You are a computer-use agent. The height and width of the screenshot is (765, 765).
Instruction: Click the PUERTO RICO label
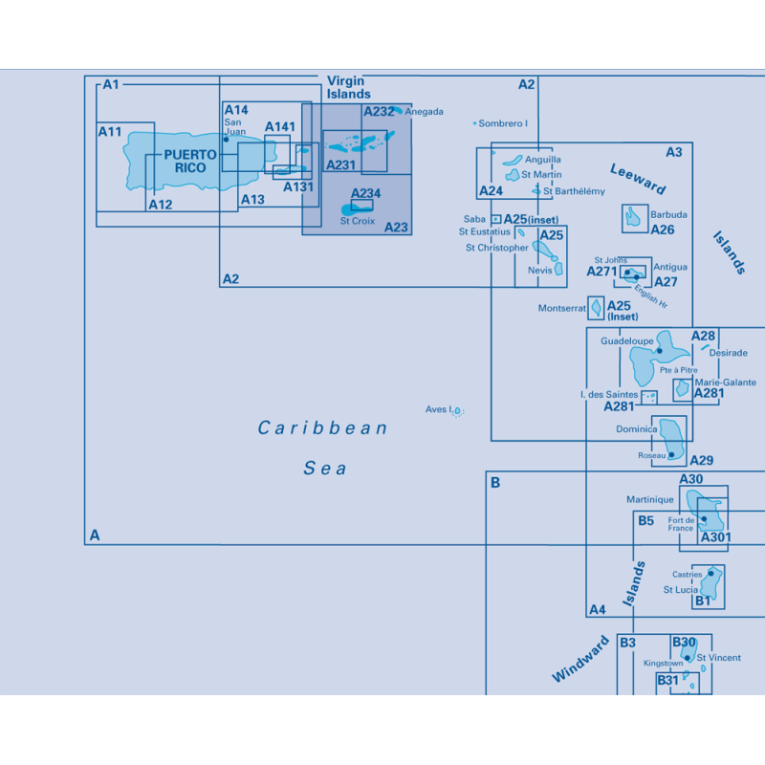[x=190, y=161]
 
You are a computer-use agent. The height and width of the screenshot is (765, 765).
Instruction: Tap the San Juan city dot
[x=226, y=140]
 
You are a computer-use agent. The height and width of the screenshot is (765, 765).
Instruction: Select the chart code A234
[x=365, y=193]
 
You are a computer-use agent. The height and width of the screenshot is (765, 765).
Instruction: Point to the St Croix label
[x=358, y=221]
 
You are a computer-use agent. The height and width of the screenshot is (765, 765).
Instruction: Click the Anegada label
[x=424, y=112]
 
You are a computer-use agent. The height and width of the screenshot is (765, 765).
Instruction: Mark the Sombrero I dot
[x=474, y=123]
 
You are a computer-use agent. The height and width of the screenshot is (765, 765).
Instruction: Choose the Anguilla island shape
[x=513, y=160]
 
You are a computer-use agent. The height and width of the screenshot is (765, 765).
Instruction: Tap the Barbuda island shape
[x=633, y=217]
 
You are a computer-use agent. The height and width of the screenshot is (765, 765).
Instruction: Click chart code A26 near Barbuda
[x=663, y=229]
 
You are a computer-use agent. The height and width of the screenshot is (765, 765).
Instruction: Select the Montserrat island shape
[x=596, y=308]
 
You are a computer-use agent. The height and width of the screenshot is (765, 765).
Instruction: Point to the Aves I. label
[x=439, y=409]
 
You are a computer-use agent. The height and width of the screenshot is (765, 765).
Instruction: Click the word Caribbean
[x=322, y=427]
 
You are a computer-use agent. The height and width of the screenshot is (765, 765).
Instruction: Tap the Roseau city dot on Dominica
[x=671, y=455]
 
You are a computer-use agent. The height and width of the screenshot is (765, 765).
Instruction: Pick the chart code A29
[x=702, y=460]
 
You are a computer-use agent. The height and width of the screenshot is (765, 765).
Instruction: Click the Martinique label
[x=650, y=499]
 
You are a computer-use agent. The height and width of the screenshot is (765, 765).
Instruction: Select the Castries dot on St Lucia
[x=710, y=573]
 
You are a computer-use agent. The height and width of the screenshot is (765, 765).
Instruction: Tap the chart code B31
[x=667, y=680]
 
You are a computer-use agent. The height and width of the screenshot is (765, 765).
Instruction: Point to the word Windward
[x=580, y=659]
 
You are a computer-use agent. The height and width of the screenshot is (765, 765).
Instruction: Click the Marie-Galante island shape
[x=682, y=388]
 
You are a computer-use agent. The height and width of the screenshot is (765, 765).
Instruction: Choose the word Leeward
[x=638, y=179]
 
